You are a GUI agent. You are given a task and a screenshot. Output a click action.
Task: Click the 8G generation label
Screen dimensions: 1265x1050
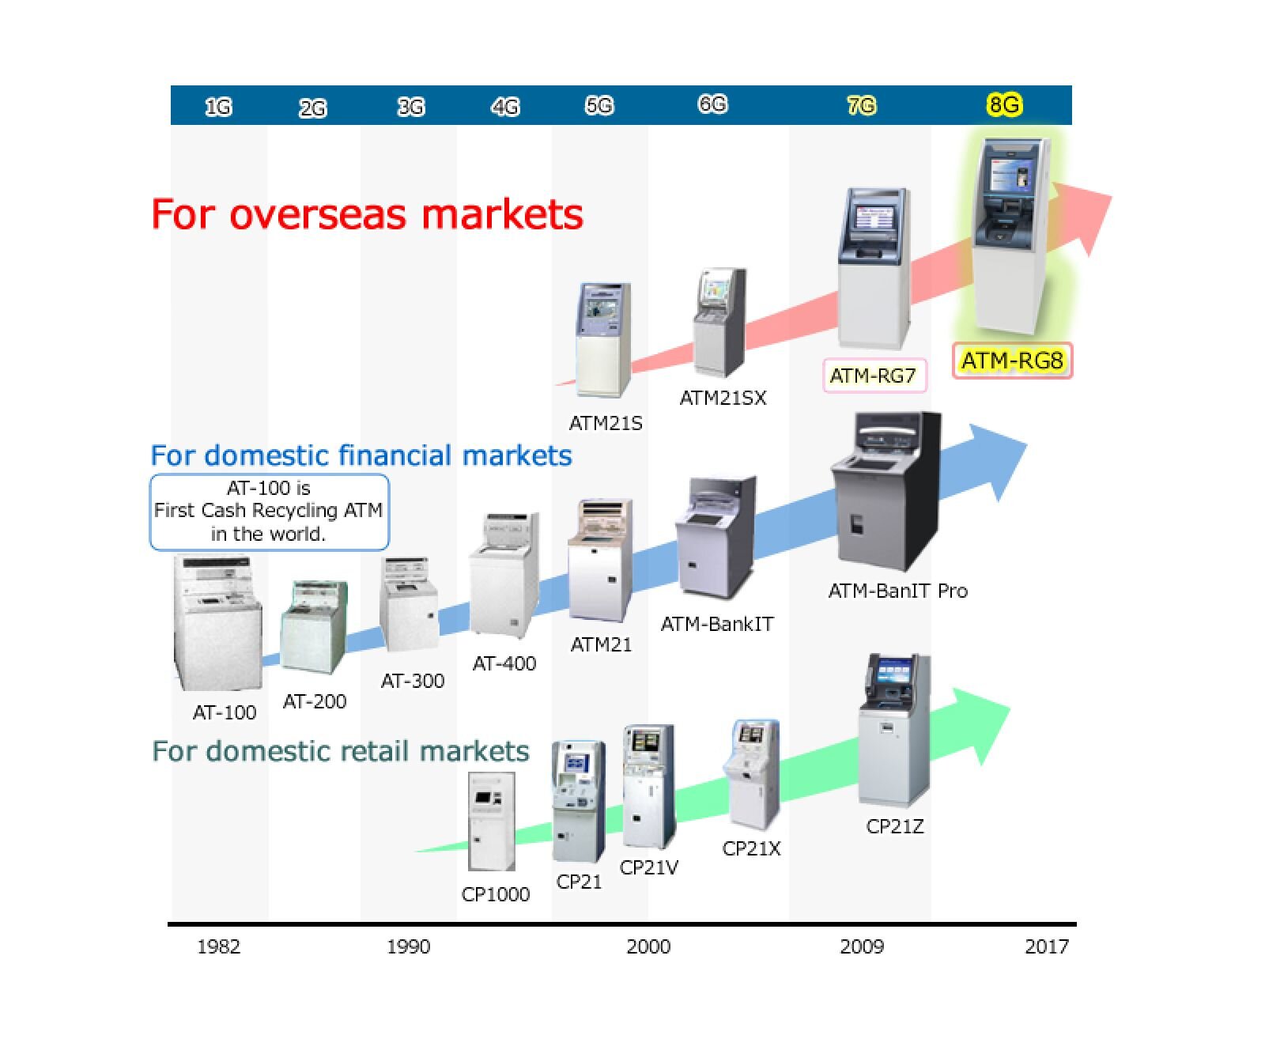pyautogui.click(x=1004, y=104)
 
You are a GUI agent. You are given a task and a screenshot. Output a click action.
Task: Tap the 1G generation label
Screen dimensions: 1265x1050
pyautogui.click(x=218, y=107)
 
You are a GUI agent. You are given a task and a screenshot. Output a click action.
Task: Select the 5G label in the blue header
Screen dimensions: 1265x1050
pyautogui.click(x=599, y=105)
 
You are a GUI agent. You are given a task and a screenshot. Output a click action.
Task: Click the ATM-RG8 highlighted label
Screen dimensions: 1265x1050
pyautogui.click(x=1012, y=361)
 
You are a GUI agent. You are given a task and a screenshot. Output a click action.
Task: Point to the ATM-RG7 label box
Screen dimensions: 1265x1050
pyautogui.click(x=874, y=376)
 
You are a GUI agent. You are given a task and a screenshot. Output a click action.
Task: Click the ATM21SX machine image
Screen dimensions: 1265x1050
pyautogui.click(x=720, y=323)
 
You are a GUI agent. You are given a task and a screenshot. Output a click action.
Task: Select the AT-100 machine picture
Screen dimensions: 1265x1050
pyautogui.click(x=217, y=623)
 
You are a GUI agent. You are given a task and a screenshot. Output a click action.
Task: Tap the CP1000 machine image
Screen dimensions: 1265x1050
pyautogui.click(x=491, y=821)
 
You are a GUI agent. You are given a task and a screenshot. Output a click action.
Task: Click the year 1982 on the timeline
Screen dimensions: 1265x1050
pyautogui.click(x=218, y=946)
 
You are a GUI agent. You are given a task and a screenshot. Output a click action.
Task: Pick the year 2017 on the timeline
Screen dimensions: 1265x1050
pyautogui.click(x=1047, y=946)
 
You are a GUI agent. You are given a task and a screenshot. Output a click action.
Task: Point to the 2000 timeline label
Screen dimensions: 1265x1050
pyautogui.click(x=648, y=946)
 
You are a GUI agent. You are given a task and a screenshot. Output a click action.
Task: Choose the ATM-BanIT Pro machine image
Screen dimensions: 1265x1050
pyautogui.click(x=886, y=492)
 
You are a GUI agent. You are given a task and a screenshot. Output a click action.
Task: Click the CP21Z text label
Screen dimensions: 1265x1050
pyautogui.click(x=895, y=826)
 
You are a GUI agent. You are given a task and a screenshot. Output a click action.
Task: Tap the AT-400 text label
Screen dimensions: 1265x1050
pyautogui.click(x=504, y=663)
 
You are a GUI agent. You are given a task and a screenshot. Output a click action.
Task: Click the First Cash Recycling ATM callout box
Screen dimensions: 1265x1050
pyautogui.click(x=270, y=512)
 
